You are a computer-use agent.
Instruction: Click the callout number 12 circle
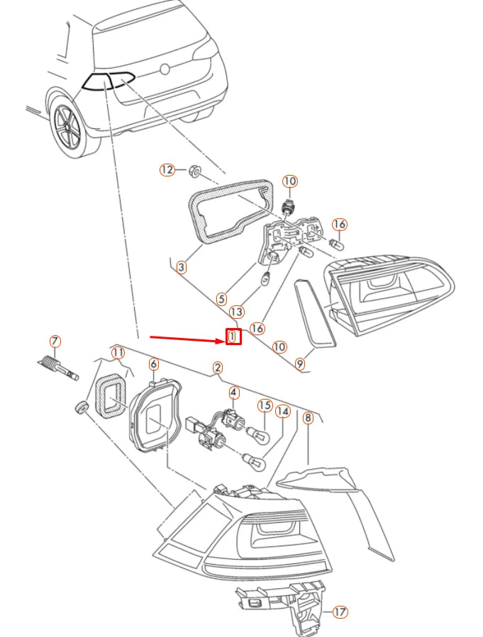point(167,169)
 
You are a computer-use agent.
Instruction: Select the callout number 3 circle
point(182,267)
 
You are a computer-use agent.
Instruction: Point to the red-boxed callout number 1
point(233,337)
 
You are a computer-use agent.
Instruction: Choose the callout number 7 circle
point(55,342)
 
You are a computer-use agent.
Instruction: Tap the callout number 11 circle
point(118,353)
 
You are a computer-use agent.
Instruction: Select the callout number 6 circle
point(154,363)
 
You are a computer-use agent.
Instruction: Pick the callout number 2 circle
point(218,368)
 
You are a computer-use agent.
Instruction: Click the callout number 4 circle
point(233,393)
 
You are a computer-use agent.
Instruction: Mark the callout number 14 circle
point(283,412)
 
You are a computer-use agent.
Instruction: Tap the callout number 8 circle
point(309,417)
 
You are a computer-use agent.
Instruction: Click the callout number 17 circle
point(340,611)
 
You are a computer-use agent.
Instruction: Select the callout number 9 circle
point(299,363)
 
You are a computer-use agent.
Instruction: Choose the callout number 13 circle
point(237,312)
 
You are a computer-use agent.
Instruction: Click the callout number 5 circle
point(221,300)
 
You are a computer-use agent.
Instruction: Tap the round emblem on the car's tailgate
point(165,69)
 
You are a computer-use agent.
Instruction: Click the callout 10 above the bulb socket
point(289,181)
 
